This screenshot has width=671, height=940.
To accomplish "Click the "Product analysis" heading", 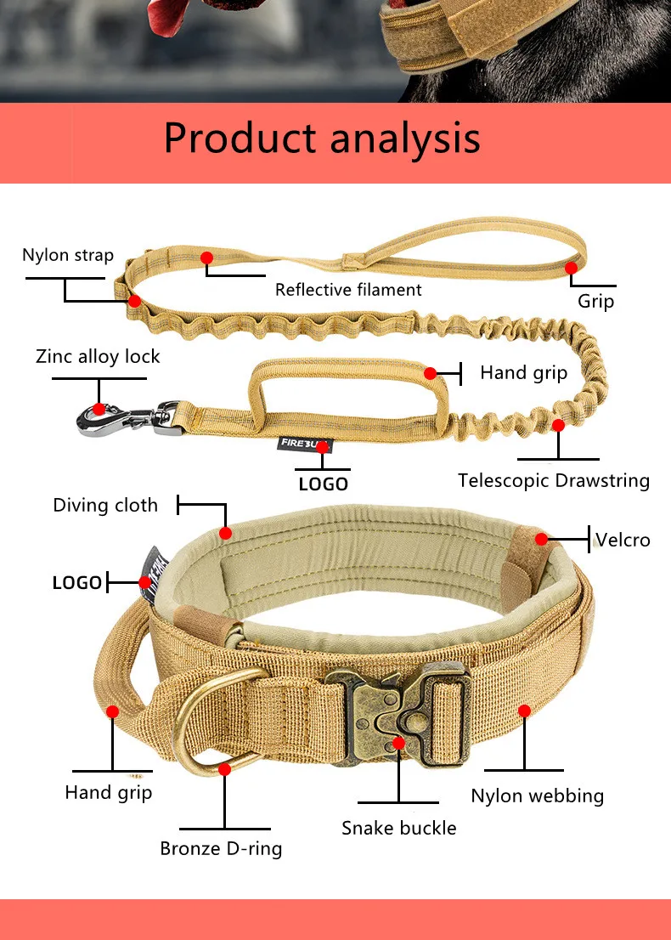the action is tap(322, 138).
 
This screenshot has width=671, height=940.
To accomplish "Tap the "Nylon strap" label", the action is tap(68, 255).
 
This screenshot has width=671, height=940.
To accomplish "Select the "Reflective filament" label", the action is tap(348, 290).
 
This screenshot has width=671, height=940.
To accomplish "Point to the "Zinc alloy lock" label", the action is tap(98, 356).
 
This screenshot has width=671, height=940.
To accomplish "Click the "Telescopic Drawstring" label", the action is tap(554, 480).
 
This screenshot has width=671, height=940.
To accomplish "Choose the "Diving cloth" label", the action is tap(105, 506).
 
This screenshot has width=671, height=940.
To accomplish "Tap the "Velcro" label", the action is tap(623, 540).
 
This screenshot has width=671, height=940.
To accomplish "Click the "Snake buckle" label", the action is tap(398, 828).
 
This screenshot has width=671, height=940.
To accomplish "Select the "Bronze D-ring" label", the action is tap(221, 848).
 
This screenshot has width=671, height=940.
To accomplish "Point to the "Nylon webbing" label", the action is tap(538, 796).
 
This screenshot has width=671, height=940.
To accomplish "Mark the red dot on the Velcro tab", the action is tap(541, 538).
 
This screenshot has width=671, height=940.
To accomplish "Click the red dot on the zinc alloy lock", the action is tap(99, 409).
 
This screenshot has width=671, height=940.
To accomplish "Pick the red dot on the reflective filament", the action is tap(206, 257).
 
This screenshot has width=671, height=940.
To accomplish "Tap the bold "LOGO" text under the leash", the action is tap(323, 484).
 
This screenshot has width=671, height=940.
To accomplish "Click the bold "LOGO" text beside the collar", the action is tap(77, 583).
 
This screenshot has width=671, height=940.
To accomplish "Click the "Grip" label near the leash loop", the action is tap(595, 301).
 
